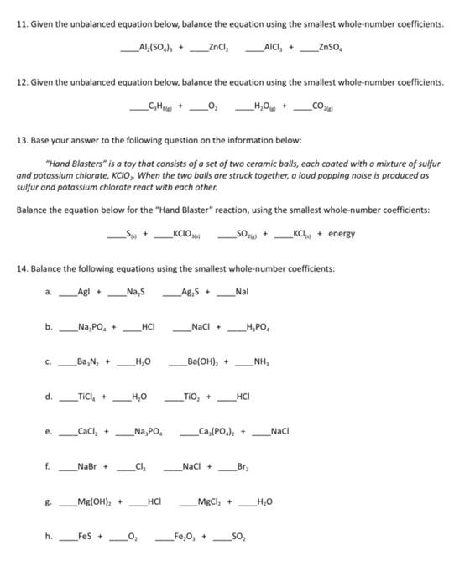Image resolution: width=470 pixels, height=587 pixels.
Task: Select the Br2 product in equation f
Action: pos(243,466)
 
